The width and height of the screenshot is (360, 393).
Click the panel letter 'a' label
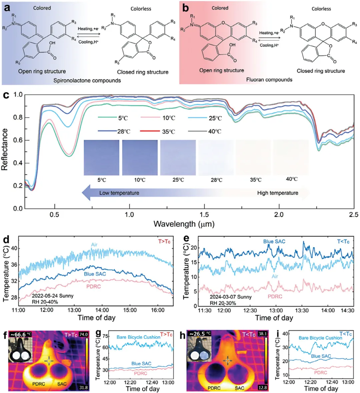point(7,8)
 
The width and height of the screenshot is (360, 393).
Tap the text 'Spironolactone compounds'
point(87,80)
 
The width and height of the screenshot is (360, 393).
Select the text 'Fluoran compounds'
point(269,80)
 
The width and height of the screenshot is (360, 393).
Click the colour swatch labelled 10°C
point(140,158)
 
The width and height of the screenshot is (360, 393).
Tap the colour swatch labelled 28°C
point(216,158)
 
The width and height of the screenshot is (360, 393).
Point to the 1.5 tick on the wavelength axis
point(204,215)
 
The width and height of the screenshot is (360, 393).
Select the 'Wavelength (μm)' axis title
point(184,223)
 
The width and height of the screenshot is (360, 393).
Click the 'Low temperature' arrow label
point(119,193)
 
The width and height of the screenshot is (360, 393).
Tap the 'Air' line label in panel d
point(94,245)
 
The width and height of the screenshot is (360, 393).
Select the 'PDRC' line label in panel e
point(275,296)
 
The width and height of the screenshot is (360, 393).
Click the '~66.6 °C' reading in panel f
point(20,334)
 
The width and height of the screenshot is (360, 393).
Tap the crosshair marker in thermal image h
point(228,360)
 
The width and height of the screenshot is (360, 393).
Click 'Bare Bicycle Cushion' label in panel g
point(138,337)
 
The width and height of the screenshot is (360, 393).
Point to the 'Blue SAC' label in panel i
point(321,356)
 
